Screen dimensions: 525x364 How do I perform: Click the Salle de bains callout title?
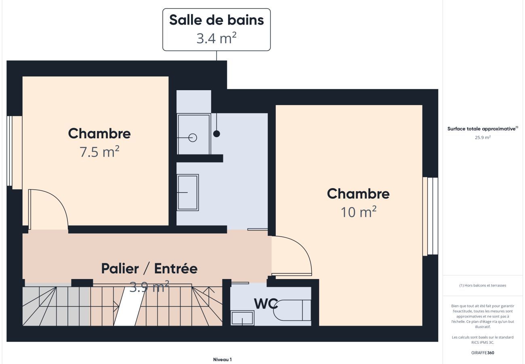click(216, 20)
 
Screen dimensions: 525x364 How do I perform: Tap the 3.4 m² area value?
click(216, 38)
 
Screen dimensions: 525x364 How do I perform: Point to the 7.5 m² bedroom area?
click(99, 151)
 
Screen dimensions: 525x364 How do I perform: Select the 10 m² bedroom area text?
click(358, 212)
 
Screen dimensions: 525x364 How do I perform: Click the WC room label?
click(266, 304)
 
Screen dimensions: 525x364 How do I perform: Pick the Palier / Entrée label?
click(149, 269)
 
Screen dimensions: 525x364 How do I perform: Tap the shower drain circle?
click(193, 138)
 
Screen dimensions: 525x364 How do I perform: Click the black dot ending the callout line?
click(216, 134)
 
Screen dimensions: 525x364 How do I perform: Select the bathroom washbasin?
click(188, 193)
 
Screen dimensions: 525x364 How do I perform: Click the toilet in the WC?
click(292, 310)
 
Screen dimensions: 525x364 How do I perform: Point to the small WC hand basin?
click(242, 318)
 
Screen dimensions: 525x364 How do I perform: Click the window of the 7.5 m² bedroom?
click(15, 152)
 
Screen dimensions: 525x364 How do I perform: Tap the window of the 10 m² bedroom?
click(430, 216)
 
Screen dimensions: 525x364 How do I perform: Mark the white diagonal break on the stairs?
click(129, 306)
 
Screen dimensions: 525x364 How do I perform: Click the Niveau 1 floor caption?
click(223, 360)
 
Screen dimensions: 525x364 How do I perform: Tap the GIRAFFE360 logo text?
click(483, 353)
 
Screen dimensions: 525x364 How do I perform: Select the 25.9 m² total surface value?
click(483, 137)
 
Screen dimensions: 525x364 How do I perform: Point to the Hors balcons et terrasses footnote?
click(483, 286)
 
